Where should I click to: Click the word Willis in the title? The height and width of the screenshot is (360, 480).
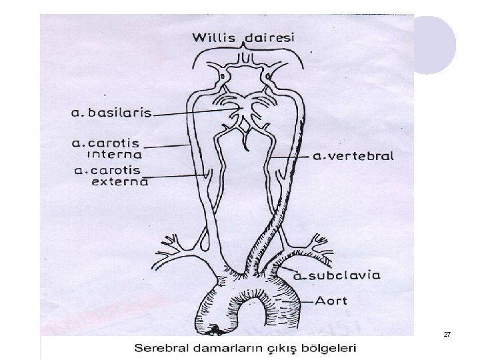click(214, 37)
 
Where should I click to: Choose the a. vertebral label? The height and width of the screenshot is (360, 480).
click(353, 157)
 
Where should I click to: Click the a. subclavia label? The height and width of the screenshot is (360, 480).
click(339, 275)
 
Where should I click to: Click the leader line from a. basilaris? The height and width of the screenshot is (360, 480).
click(193, 113)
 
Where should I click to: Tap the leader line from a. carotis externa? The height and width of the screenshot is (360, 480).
click(177, 176)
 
